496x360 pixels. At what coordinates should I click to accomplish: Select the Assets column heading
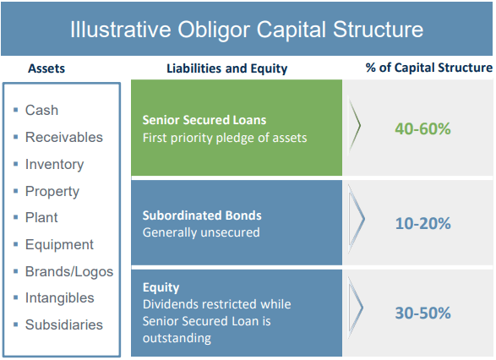(46, 68)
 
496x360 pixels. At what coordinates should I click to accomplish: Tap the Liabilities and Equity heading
(227, 68)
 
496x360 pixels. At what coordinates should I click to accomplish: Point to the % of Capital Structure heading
(429, 68)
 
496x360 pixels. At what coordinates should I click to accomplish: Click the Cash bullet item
(41, 111)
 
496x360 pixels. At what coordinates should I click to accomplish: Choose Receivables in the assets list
(64, 137)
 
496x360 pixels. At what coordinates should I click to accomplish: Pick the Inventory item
(54, 165)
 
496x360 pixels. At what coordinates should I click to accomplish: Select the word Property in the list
(52, 192)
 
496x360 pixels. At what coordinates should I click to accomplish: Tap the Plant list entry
(41, 218)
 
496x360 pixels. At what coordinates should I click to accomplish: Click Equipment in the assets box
(59, 245)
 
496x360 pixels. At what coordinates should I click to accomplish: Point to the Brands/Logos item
(69, 272)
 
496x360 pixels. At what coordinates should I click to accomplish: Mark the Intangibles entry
(59, 298)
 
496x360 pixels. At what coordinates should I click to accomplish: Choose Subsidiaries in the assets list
(64, 325)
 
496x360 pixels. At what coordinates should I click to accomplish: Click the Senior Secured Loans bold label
(204, 120)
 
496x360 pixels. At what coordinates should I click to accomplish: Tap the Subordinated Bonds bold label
(202, 215)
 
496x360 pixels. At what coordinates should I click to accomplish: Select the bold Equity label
(161, 287)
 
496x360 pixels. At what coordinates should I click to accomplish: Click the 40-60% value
(422, 128)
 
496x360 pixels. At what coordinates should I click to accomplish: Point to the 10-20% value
(423, 224)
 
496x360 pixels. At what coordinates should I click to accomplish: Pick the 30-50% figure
(423, 314)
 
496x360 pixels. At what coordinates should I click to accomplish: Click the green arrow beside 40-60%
(354, 126)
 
